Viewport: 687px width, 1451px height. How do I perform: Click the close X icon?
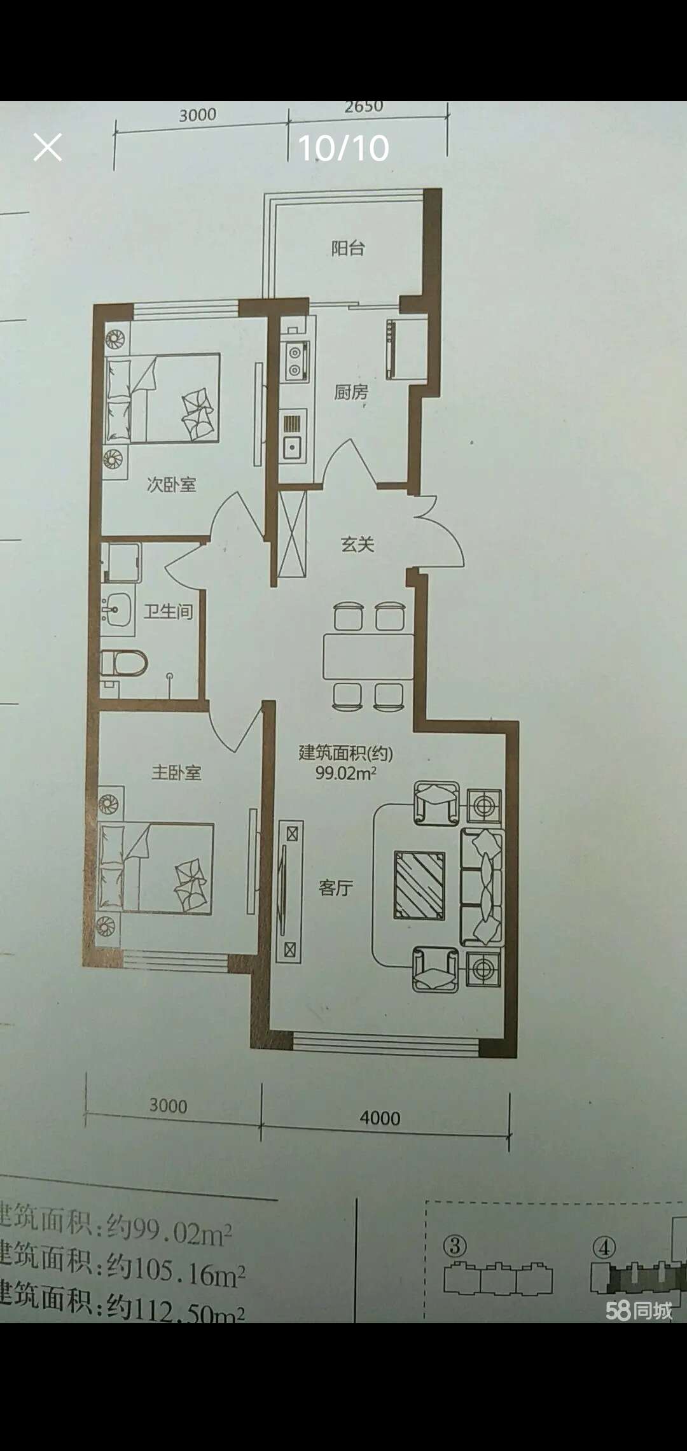tap(48, 148)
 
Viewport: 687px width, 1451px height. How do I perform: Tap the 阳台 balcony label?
tap(348, 248)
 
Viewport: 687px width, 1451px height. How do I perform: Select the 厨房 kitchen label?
tap(351, 392)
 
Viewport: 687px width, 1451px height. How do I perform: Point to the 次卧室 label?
tap(171, 485)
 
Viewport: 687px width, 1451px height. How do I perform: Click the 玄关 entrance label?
tap(357, 544)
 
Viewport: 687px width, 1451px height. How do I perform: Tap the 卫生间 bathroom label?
tap(168, 612)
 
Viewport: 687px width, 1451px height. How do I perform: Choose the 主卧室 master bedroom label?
tap(176, 773)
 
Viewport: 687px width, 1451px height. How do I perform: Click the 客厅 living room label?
tap(335, 888)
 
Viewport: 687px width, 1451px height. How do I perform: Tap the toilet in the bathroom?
tap(125, 664)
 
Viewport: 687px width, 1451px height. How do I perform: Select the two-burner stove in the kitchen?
tap(296, 361)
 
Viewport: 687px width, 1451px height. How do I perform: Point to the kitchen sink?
tap(294, 436)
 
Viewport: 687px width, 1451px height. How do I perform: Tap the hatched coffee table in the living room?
tap(419, 885)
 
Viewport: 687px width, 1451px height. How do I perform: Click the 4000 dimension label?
tap(380, 1118)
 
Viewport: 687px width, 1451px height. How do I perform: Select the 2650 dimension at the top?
tap(364, 107)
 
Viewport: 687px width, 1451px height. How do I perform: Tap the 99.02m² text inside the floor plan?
tap(346, 774)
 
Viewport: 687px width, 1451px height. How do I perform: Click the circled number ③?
tap(455, 1245)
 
